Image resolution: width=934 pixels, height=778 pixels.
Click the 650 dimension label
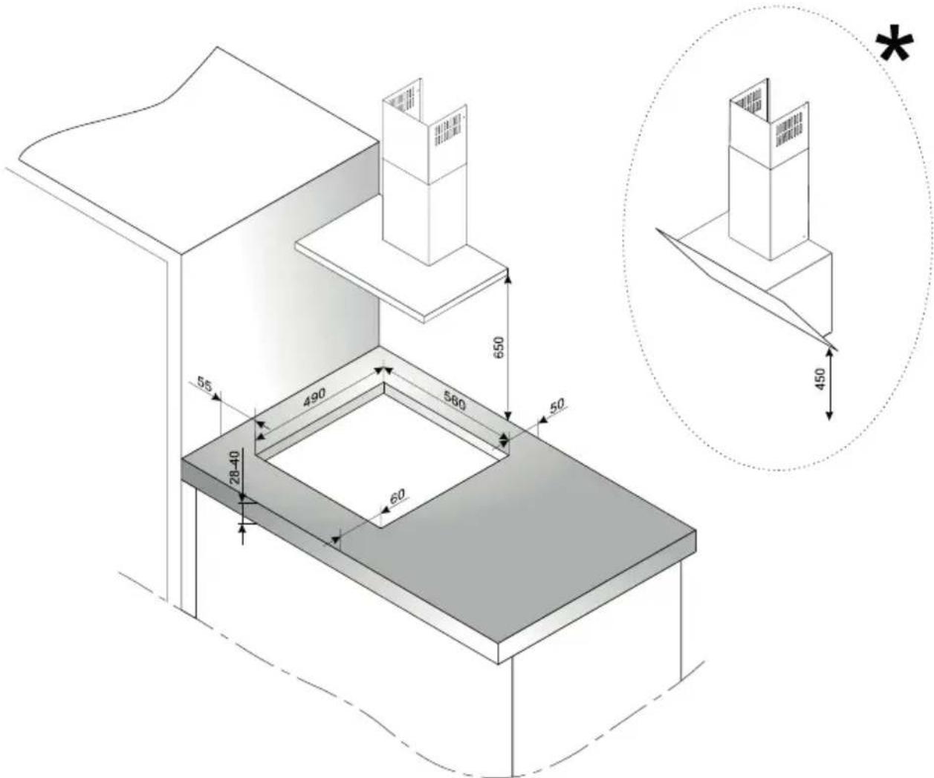pyautogui.click(x=499, y=347)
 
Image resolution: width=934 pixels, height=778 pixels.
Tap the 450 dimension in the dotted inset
pyautogui.click(x=820, y=379)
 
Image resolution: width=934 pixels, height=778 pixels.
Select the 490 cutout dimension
pyautogui.click(x=314, y=397)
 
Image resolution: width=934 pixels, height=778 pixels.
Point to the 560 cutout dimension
pyautogui.click(x=455, y=400)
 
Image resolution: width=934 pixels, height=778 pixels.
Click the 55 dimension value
pyautogui.click(x=204, y=385)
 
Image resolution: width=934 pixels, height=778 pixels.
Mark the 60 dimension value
pyautogui.click(x=397, y=496)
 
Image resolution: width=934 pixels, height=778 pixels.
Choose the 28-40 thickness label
pyautogui.click(x=234, y=467)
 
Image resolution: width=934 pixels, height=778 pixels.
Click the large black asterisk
pyautogui.click(x=895, y=48)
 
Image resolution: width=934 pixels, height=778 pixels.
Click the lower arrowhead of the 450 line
pyautogui.click(x=830, y=416)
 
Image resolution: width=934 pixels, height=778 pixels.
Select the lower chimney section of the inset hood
pyautogui.click(x=769, y=203)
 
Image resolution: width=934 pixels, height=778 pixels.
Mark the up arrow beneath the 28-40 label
pyautogui.click(x=242, y=534)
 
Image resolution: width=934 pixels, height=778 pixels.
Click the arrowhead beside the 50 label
pyautogui.click(x=543, y=419)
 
